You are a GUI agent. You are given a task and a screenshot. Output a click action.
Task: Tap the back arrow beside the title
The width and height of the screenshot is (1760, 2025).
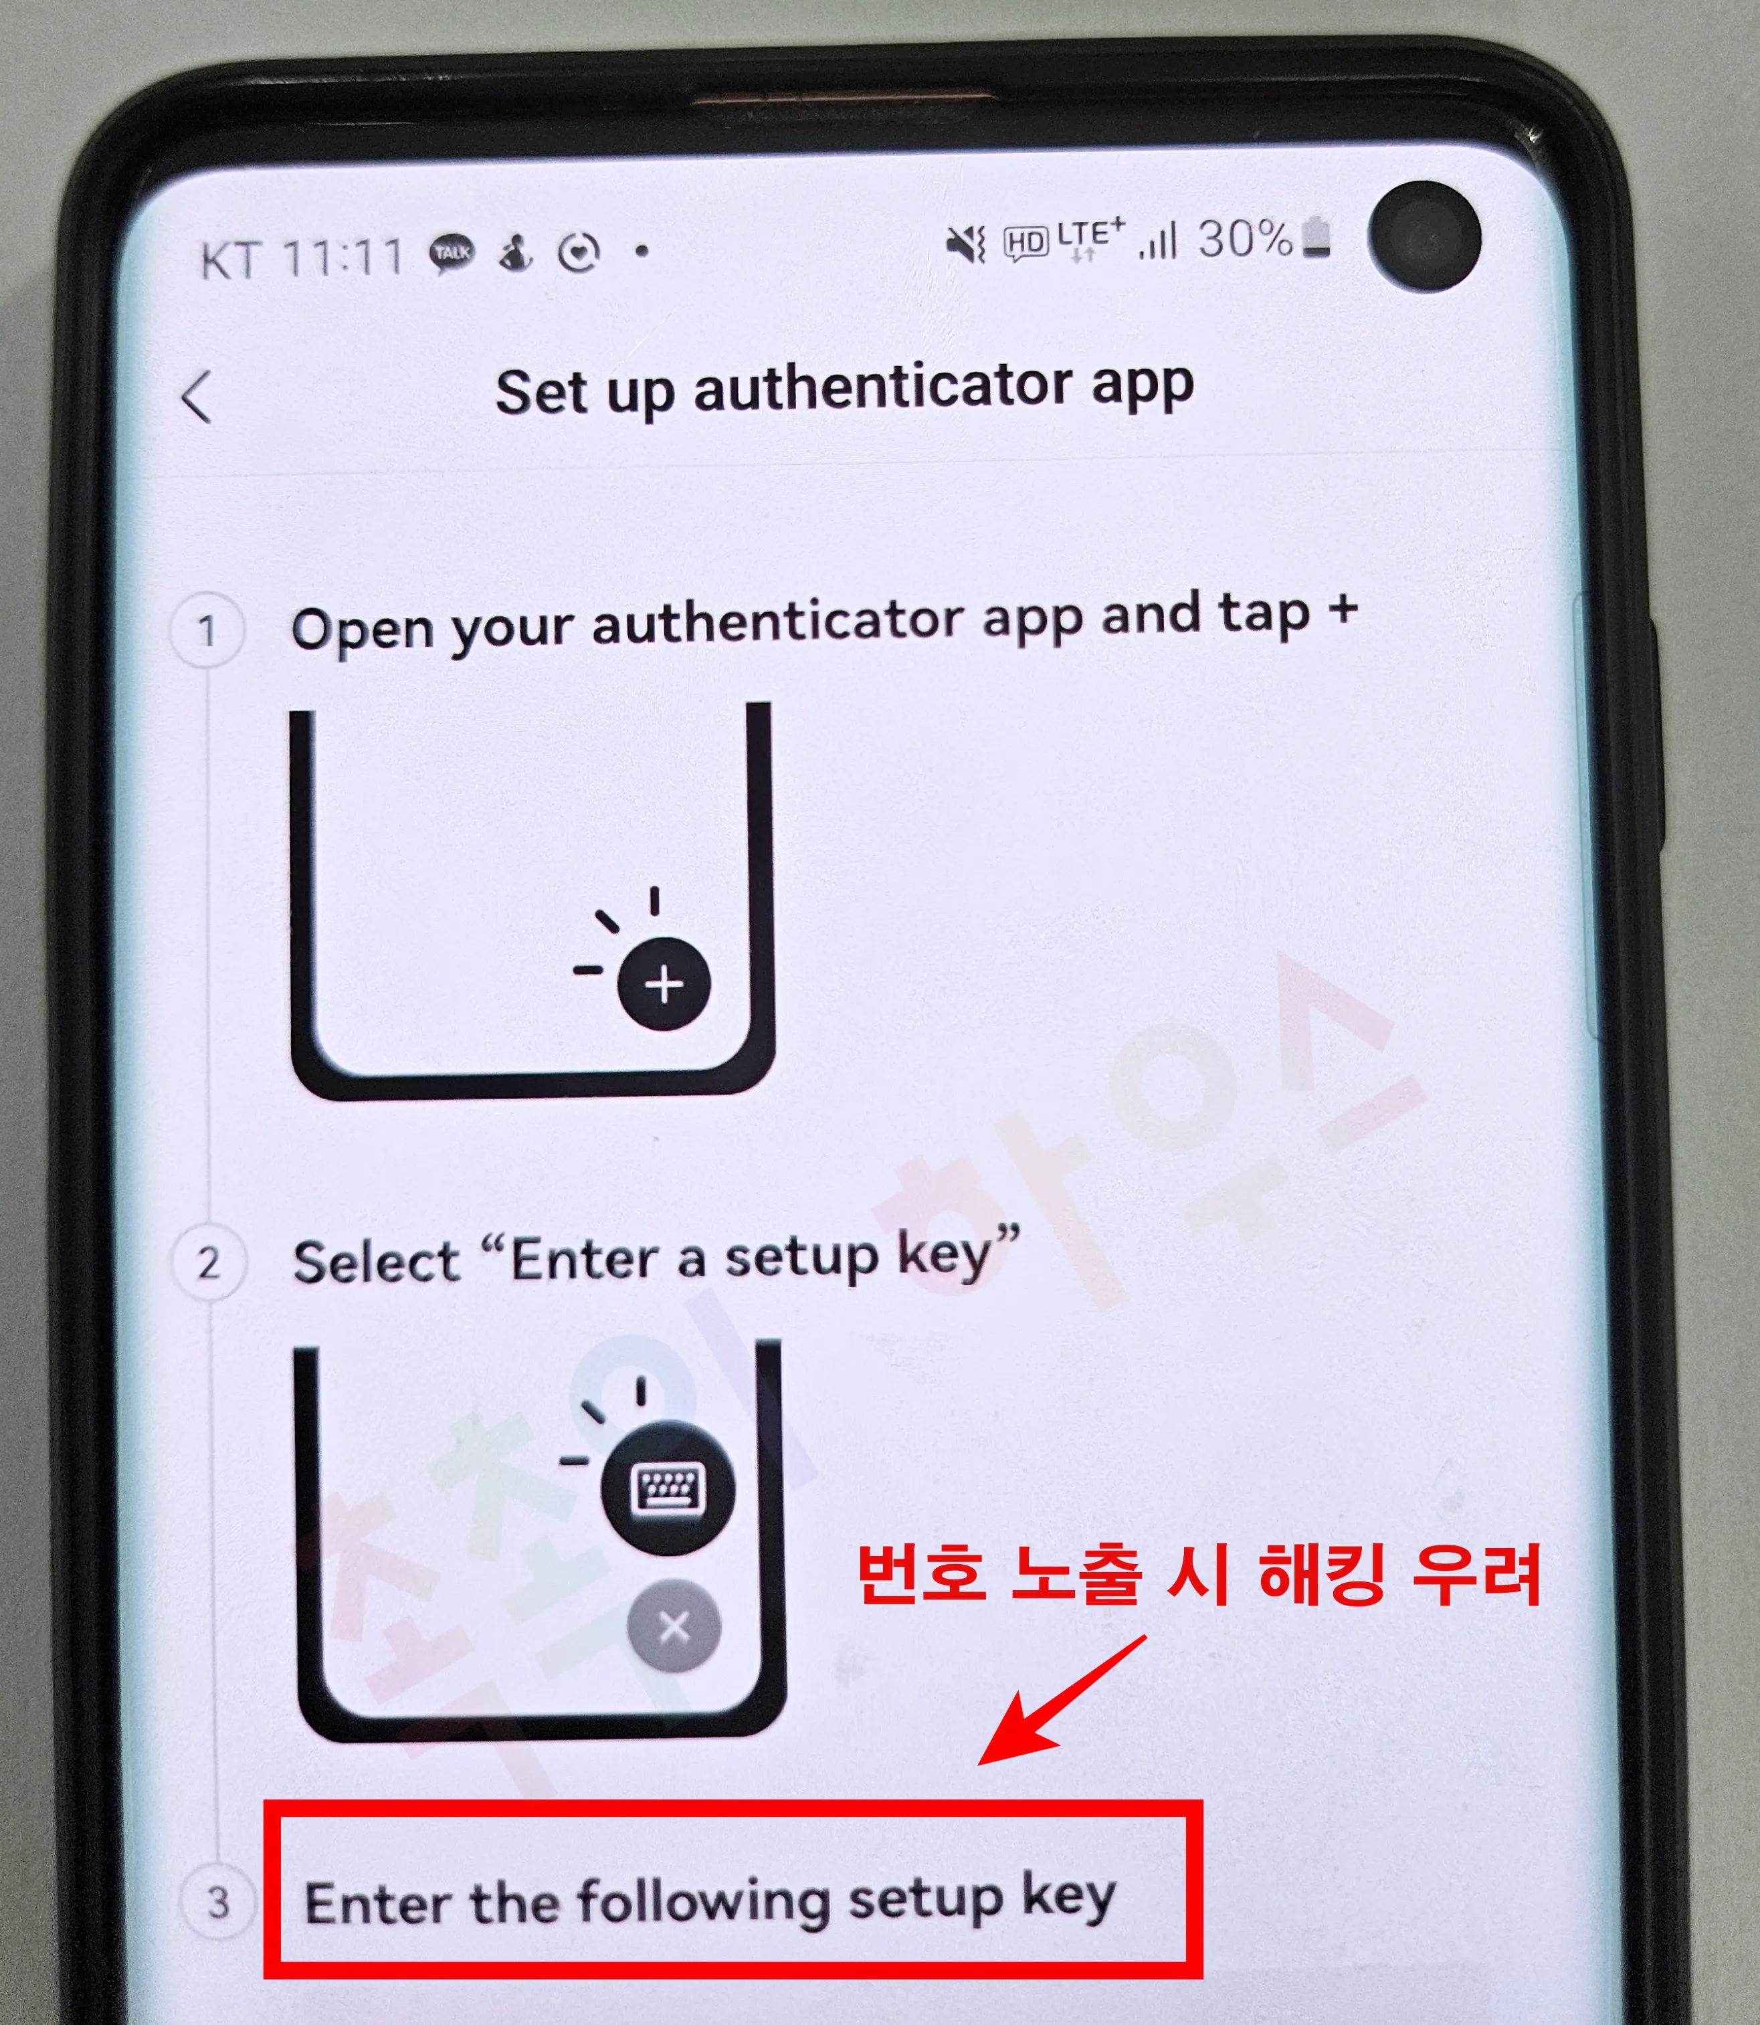(x=197, y=397)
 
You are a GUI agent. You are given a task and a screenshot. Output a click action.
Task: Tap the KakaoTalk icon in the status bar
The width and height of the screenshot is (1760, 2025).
(x=452, y=254)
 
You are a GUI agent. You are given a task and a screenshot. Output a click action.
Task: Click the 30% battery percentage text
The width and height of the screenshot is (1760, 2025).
(x=1244, y=239)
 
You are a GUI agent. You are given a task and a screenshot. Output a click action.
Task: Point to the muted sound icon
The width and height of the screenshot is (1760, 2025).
(x=965, y=243)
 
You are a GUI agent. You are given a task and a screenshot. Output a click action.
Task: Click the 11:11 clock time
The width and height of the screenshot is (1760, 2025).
(x=343, y=258)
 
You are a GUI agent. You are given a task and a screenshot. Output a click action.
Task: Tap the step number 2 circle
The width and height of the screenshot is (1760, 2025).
(x=208, y=1263)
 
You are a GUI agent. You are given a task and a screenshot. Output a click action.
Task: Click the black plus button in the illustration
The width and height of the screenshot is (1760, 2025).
(x=664, y=984)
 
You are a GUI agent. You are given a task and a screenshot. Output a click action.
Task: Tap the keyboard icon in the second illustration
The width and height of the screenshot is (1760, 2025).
(x=668, y=1488)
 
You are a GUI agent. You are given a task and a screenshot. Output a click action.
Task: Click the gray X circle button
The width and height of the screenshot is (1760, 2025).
(x=674, y=1627)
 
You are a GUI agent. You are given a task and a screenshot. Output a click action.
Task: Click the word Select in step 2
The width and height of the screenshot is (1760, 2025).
(x=376, y=1261)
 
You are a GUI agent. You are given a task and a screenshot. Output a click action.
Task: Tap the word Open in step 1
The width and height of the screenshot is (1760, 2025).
(x=361, y=629)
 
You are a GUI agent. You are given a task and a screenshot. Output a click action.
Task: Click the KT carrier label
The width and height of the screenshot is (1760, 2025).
(x=230, y=261)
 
